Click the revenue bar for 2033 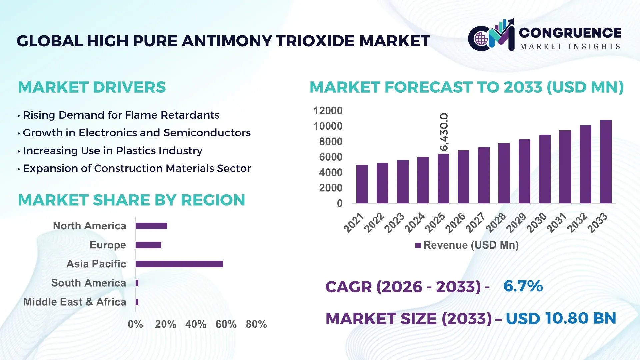[x=606, y=162]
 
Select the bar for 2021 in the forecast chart [x=362, y=184]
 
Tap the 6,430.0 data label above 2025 [x=444, y=132]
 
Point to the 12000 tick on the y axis [x=328, y=111]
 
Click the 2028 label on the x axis [x=496, y=223]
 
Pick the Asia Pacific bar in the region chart [x=179, y=264]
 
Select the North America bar [x=151, y=226]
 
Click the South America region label [x=88, y=283]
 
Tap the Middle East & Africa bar [x=137, y=302]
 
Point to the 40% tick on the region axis [x=196, y=324]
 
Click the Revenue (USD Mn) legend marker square [x=418, y=245]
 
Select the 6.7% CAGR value [x=523, y=286]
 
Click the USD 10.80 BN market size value [x=561, y=318]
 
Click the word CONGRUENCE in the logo [x=570, y=33]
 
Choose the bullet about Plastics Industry [x=112, y=151]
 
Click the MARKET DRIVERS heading [x=92, y=87]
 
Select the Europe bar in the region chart [x=148, y=245]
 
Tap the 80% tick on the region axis [x=256, y=324]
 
